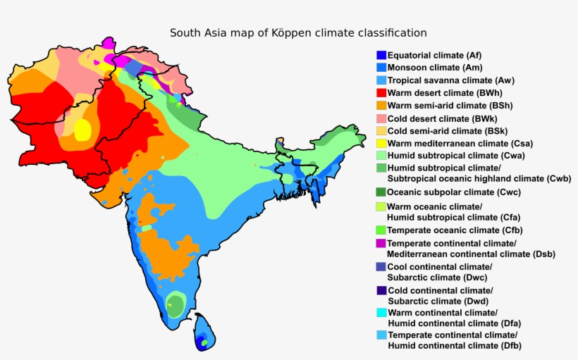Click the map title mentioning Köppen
point(297,33)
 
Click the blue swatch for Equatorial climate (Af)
point(381,55)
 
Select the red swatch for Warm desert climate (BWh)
point(381,92)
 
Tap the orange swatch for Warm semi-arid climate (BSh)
point(381,105)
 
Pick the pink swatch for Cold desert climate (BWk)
point(381,118)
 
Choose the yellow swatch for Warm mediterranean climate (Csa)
point(381,143)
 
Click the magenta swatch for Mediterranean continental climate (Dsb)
point(381,243)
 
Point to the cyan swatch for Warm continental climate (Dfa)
point(381,313)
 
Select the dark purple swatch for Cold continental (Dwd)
point(381,290)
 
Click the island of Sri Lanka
point(203,333)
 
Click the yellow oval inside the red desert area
point(82,130)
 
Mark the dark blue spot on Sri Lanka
point(203,343)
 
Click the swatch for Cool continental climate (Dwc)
point(381,267)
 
